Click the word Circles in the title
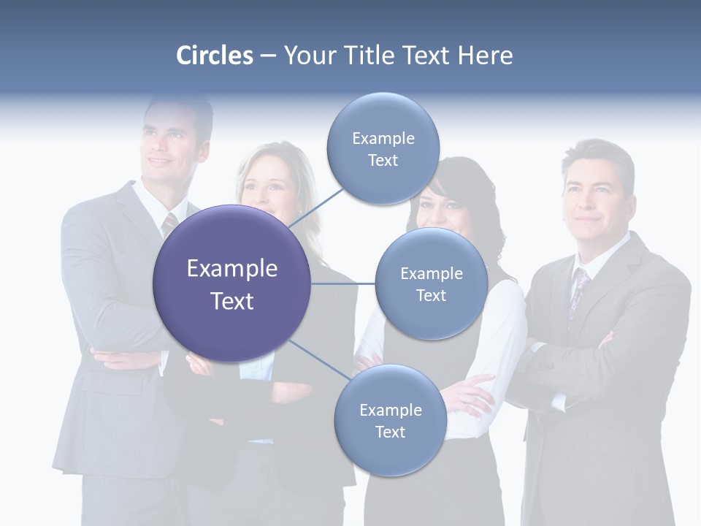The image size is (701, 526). click(x=215, y=56)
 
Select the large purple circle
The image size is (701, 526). click(x=232, y=283)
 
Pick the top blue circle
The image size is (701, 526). click(x=383, y=149)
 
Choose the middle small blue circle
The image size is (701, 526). click(x=431, y=284)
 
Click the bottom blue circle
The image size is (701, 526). click(x=390, y=421)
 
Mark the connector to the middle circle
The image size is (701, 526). click(x=343, y=283)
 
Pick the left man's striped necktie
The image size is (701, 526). click(x=169, y=224)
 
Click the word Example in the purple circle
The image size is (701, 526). click(x=232, y=269)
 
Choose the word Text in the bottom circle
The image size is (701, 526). click(x=390, y=432)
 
